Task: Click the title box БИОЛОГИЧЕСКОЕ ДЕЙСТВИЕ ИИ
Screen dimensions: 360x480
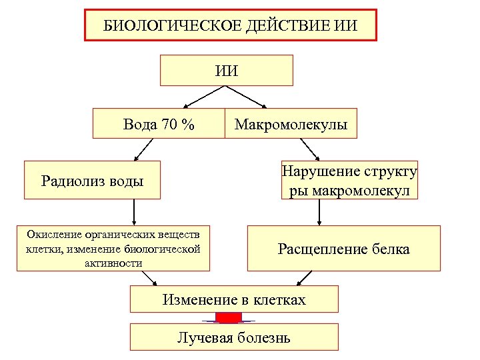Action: pos(230,25)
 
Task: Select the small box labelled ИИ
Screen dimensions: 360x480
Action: pos(227,70)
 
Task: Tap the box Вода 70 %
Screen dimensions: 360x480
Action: pos(159,123)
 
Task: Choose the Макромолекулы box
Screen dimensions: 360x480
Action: pos(291,123)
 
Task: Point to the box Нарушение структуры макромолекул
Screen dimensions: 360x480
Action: pos(349,180)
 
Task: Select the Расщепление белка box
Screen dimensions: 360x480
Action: pos(343,249)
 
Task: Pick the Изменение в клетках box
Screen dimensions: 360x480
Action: pos(234,299)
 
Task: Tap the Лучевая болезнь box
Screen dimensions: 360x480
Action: pos(233,337)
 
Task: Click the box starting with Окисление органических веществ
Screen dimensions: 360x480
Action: pos(113,249)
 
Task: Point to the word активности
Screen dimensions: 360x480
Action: pos(112,263)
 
